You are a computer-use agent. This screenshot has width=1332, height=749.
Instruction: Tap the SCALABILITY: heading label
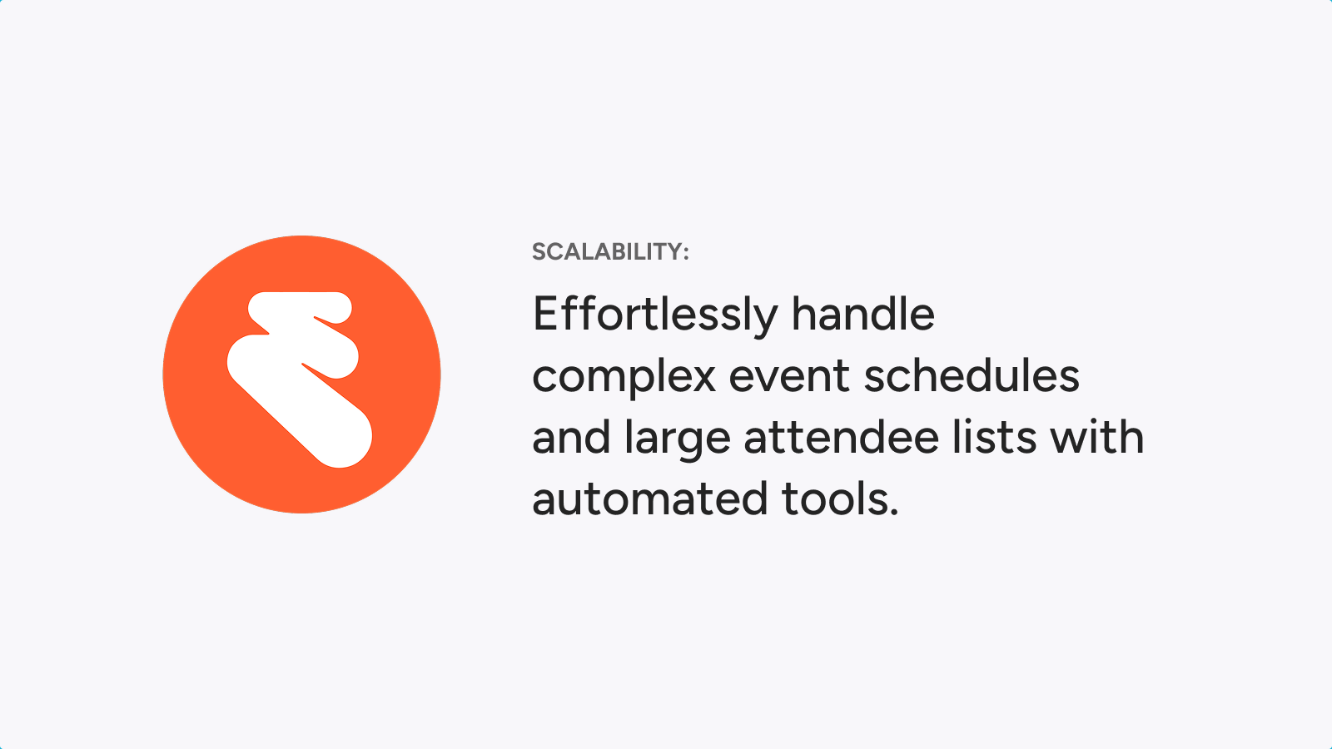pos(611,252)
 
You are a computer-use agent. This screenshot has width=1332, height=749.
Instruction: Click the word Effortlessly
pos(655,316)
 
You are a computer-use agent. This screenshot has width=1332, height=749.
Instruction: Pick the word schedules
pos(972,374)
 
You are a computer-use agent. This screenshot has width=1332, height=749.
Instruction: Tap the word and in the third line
pos(571,436)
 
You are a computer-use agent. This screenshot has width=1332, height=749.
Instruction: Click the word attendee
pos(842,436)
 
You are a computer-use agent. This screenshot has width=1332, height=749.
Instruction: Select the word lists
pos(994,436)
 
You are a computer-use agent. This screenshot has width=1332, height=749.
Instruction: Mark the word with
pos(1096,436)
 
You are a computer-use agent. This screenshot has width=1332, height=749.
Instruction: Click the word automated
pos(650,499)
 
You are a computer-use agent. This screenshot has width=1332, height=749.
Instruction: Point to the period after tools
pos(894,511)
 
